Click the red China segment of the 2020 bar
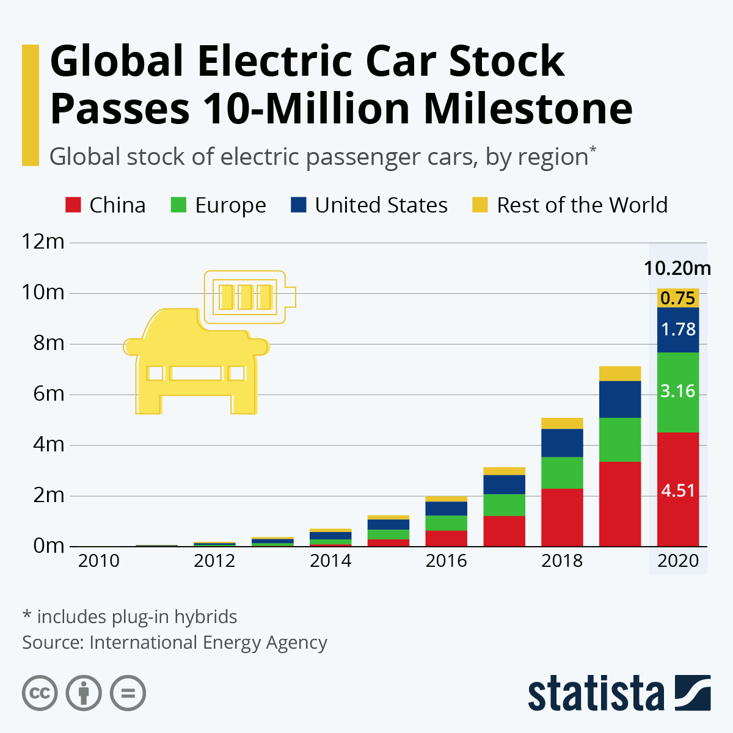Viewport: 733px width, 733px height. pos(677,489)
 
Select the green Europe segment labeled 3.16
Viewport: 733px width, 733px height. pos(677,392)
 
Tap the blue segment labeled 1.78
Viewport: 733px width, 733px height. pos(677,330)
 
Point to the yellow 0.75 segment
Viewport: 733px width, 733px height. pos(677,298)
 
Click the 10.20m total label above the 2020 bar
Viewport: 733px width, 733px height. pos(677,268)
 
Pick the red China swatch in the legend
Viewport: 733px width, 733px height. pos(73,205)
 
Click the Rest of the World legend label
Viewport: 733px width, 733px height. pos(582,205)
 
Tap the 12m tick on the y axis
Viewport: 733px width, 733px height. pos(43,242)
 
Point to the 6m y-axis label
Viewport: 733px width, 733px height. pos(48,394)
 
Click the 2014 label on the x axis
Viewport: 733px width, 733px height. pos(330,561)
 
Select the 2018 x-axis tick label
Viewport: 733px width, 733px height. pos(562,561)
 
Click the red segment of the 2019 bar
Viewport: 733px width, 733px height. pos(620,504)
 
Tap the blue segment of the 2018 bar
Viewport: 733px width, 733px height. pos(562,443)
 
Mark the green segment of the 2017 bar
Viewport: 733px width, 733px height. pos(504,505)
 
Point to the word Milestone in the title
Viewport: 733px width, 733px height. pos(528,109)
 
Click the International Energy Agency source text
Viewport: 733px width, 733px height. pos(208,643)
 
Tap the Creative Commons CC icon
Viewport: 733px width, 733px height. pos(40,693)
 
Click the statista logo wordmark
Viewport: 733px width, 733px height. pos(596,694)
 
